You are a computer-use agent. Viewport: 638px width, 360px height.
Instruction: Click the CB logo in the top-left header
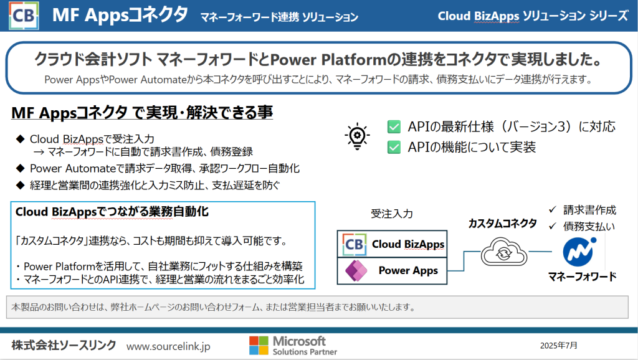tap(24, 16)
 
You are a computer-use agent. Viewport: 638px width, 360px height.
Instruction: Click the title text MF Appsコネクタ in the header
tap(120, 15)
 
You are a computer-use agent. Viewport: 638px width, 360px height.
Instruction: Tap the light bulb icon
tap(357, 136)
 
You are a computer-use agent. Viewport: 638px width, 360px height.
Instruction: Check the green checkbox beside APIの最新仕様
tap(394, 126)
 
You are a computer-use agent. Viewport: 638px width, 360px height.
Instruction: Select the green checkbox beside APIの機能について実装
tap(394, 147)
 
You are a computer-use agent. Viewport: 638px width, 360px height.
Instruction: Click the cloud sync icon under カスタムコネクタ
tap(503, 252)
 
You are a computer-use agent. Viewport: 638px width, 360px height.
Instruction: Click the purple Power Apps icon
tap(356, 270)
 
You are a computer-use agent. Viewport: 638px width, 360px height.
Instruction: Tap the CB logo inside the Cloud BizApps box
tap(354, 244)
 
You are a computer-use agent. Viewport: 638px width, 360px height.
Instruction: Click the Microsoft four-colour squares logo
tap(259, 345)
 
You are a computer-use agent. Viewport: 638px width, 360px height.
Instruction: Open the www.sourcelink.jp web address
tap(168, 346)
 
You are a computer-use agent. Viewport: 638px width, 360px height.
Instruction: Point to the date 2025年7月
tap(559, 346)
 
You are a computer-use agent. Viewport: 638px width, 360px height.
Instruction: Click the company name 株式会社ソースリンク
tap(64, 345)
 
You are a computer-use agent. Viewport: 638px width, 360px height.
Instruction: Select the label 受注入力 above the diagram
tap(391, 214)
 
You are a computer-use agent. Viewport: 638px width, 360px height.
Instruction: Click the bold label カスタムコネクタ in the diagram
tap(503, 224)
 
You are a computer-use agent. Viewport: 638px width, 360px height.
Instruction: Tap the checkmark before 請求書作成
tap(553, 209)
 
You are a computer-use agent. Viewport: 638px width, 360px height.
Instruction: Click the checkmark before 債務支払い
tap(553, 225)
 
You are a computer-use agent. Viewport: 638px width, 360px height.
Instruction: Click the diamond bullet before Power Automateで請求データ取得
tap(21, 168)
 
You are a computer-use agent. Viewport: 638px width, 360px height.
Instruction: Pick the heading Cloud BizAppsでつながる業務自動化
tap(112, 212)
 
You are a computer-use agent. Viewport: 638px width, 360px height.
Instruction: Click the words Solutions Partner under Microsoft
tap(305, 352)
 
